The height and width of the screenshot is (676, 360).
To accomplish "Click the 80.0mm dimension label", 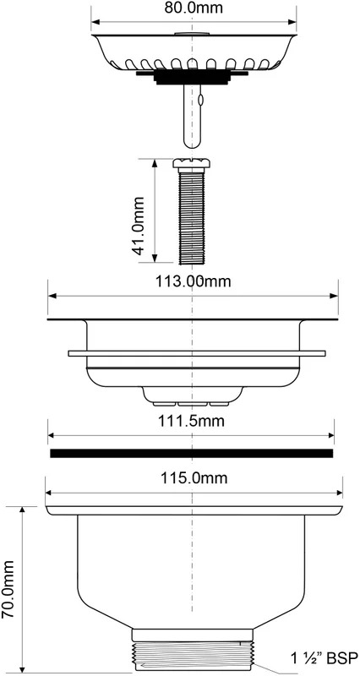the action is [194, 8].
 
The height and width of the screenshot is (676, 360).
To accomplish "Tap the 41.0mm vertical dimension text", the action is [139, 226].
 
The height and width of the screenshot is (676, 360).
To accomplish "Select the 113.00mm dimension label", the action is [194, 281].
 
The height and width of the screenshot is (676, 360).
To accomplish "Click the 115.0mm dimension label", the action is [194, 478].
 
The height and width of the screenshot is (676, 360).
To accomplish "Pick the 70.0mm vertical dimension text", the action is [8, 589].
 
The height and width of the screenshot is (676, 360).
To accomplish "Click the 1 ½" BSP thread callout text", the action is [324, 658].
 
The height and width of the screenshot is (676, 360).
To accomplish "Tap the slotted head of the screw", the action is [192, 163].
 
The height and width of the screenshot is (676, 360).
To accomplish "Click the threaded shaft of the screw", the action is [192, 216].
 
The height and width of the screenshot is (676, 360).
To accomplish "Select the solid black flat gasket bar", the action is [192, 453].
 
